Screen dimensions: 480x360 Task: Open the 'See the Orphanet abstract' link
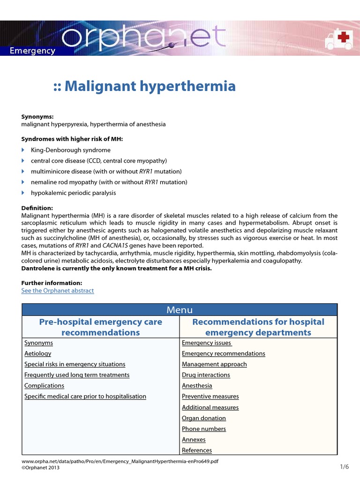58,291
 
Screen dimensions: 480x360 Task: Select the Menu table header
180,310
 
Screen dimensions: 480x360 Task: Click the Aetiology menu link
38,353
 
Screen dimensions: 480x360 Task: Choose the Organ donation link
203,418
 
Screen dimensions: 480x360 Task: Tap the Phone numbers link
203,429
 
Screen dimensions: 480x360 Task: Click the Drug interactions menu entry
206,375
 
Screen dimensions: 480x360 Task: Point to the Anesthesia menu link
197,386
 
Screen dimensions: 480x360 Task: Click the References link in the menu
197,450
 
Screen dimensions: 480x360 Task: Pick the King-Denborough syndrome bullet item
71,150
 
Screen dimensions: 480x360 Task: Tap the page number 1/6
345,466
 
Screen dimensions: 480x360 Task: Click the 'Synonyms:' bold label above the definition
37,116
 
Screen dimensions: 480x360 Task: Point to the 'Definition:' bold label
37,208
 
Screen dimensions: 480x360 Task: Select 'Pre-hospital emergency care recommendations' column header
101,327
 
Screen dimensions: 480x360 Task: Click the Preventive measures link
210,397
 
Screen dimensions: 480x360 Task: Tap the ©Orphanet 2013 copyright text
41,467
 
